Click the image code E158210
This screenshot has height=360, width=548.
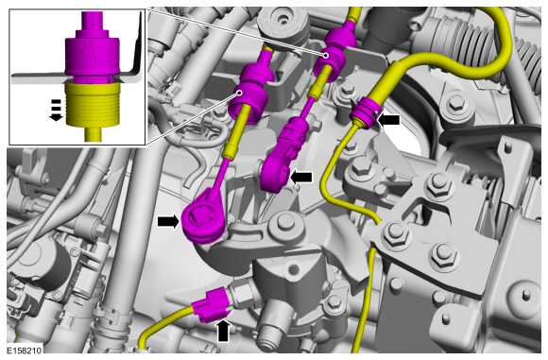(25, 351)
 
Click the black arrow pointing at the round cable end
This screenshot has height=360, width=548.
(169, 222)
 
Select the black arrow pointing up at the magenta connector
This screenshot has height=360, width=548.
(223, 331)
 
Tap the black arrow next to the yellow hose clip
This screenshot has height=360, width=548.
(388, 120)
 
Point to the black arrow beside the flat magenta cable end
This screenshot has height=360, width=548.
(300, 178)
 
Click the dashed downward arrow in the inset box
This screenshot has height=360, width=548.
(56, 111)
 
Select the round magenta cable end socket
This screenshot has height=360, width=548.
(204, 216)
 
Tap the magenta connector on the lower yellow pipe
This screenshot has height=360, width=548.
(210, 305)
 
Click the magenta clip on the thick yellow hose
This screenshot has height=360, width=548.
(364, 112)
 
